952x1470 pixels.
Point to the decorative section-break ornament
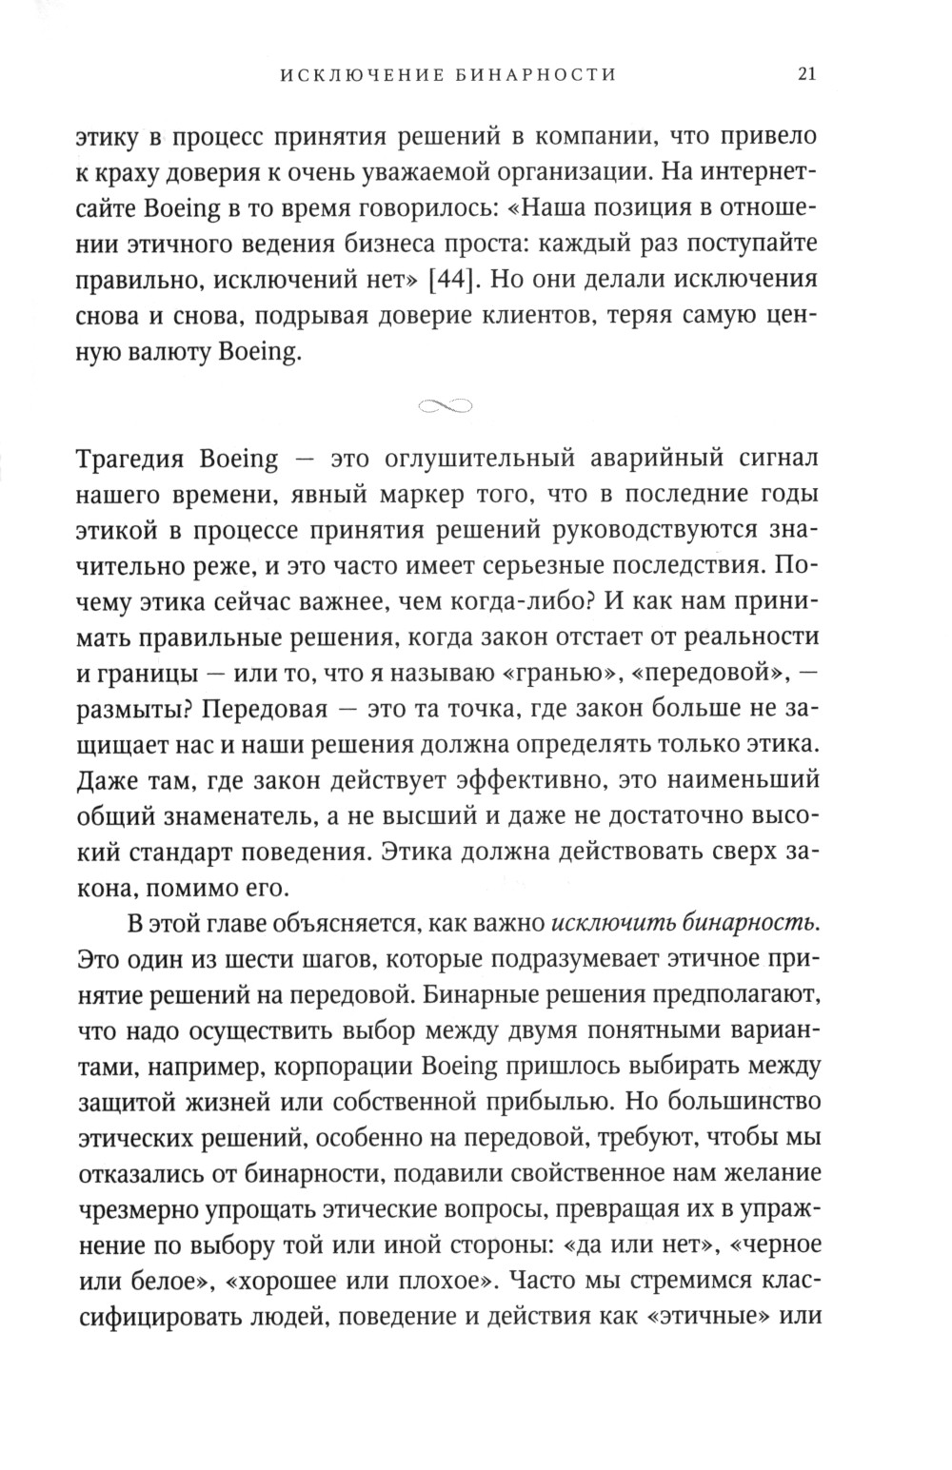coord(446,406)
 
